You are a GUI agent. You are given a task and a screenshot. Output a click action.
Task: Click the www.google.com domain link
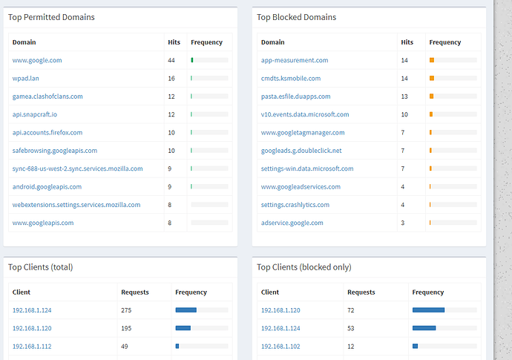point(36,60)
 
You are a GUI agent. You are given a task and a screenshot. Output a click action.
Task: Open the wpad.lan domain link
point(26,78)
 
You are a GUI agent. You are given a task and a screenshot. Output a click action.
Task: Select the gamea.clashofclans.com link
point(47,96)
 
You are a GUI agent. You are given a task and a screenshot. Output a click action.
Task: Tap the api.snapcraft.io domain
point(34,114)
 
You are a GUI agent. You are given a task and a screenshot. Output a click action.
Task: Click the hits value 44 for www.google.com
point(171,60)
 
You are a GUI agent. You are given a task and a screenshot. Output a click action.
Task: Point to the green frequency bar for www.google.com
point(192,60)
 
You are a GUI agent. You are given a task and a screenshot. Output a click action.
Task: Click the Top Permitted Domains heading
point(51,17)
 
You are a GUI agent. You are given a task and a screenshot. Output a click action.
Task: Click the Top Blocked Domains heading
point(296,17)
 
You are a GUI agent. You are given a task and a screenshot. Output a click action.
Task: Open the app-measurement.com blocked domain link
point(295,60)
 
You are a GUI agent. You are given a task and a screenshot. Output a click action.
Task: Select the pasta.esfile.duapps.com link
point(295,96)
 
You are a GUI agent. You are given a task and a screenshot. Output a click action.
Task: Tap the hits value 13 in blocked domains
point(404,96)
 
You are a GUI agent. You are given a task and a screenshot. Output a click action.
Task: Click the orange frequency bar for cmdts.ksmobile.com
point(432,78)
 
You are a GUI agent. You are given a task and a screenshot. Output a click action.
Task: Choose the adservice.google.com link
point(292,223)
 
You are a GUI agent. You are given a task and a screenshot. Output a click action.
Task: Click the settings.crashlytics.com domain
point(295,205)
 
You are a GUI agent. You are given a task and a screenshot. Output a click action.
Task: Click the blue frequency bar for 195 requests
point(183,328)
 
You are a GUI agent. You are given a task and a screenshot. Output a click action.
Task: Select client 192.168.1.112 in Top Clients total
point(32,346)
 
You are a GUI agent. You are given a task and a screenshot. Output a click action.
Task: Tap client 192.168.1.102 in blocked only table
point(280,346)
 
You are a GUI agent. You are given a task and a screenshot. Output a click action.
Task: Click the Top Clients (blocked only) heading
point(304,267)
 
